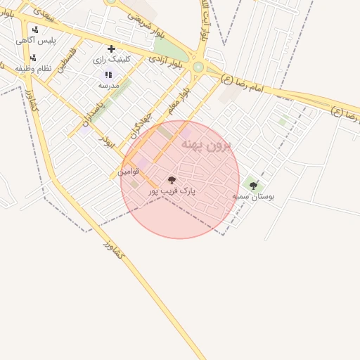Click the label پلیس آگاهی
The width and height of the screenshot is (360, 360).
[x=36, y=41]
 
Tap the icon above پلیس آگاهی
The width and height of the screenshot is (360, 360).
[x=35, y=30]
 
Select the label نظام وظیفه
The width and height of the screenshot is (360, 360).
[x=34, y=68]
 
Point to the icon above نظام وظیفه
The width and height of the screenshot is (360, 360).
[x=32, y=58]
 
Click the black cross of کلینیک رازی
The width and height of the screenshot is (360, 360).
[x=111, y=49]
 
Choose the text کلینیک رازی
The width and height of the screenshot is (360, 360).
[x=112, y=60]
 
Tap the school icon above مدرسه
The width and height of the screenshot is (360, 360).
[x=108, y=75]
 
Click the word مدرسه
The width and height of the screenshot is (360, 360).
[x=108, y=85]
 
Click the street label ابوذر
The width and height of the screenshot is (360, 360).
[x=108, y=138]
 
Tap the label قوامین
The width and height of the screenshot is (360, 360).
[x=128, y=171]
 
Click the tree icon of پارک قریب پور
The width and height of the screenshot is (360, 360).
[x=172, y=180]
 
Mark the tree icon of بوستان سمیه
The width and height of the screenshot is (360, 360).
[x=253, y=186]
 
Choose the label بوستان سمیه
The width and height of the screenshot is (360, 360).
[x=253, y=196]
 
